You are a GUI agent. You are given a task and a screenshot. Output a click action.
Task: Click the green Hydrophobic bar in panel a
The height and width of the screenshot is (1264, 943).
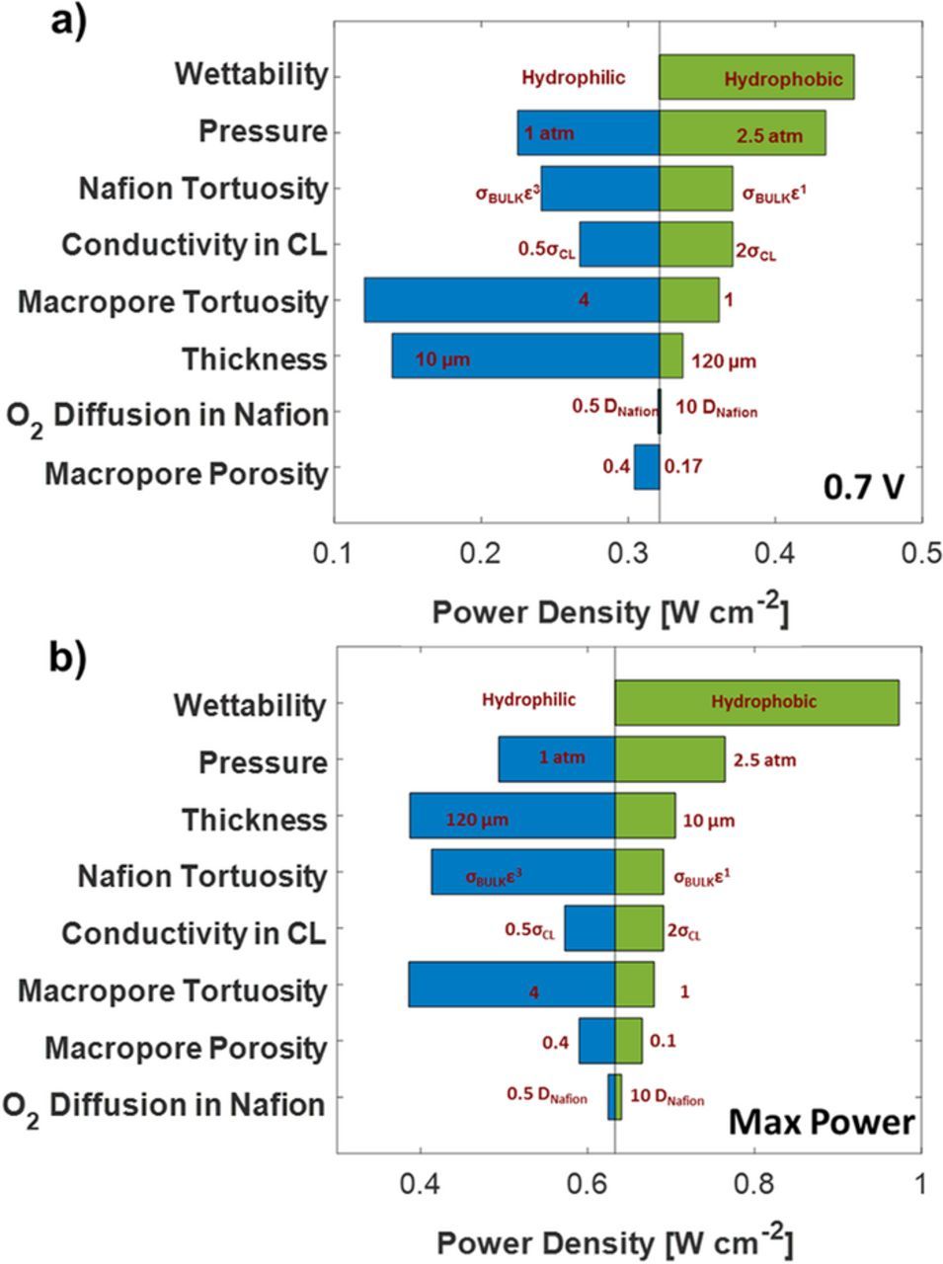(756, 77)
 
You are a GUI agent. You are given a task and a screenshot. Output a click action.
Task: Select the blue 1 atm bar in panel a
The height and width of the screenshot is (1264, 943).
(589, 133)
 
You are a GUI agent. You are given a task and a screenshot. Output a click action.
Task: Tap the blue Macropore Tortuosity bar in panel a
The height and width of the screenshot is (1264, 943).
(511, 300)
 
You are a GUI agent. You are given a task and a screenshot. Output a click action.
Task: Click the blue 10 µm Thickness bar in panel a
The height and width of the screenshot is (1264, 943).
(525, 356)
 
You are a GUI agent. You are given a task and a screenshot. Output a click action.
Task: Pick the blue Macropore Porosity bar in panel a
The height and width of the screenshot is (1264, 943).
(647, 467)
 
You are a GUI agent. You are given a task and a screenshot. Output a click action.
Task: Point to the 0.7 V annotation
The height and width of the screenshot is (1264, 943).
(864, 486)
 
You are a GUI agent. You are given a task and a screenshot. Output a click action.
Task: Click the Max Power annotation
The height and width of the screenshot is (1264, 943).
(822, 1123)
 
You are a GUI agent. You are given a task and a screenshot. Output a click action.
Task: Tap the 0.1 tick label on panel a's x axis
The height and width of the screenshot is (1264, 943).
(334, 552)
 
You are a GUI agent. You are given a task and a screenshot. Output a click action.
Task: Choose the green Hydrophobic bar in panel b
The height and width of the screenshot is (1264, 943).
(756, 703)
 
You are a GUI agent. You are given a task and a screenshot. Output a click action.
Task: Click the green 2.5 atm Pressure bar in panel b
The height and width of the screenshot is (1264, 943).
(669, 759)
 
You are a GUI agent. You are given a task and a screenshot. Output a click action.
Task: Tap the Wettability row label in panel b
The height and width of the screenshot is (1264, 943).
(249, 705)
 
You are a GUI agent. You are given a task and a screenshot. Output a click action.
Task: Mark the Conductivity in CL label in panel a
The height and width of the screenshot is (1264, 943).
(194, 245)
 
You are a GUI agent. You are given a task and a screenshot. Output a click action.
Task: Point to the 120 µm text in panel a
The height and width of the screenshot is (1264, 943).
(724, 361)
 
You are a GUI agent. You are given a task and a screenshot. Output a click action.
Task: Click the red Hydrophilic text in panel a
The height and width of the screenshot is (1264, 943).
(573, 78)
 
